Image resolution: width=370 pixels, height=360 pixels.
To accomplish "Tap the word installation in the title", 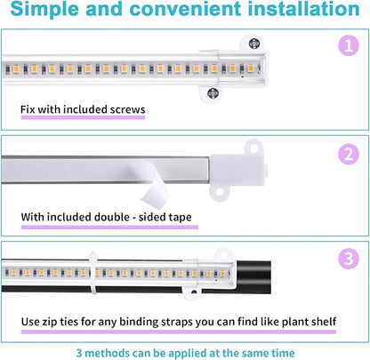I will pos(297,12).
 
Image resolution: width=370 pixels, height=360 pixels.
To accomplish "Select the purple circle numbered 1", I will pos(347,45).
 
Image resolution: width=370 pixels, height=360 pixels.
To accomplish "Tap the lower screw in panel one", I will pos(212,92).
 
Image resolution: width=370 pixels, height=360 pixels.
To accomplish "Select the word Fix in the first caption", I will pos(28,111).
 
